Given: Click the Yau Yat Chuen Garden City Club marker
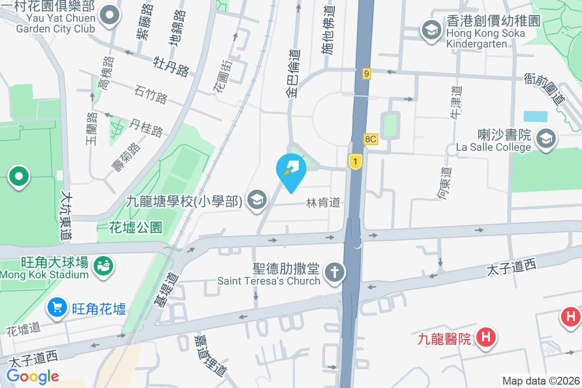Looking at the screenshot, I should click(x=110, y=16).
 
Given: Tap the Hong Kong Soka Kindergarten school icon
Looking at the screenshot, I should click(x=430, y=30).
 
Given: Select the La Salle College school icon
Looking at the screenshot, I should click(x=546, y=140).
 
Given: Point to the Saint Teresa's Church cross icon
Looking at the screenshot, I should click(x=333, y=273).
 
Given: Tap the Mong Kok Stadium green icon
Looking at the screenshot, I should click(x=104, y=265).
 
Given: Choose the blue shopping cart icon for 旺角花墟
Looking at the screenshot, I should click(x=57, y=307).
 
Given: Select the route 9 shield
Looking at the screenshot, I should click(x=367, y=74).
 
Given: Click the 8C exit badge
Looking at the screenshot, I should click(x=371, y=140).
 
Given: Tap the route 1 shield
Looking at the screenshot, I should click(x=356, y=162).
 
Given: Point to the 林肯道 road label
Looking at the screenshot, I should click(x=323, y=202).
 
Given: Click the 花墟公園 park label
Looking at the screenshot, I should click(x=135, y=226).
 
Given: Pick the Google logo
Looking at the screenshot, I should click(x=32, y=376).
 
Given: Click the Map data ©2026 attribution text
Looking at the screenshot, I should click(x=540, y=381).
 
